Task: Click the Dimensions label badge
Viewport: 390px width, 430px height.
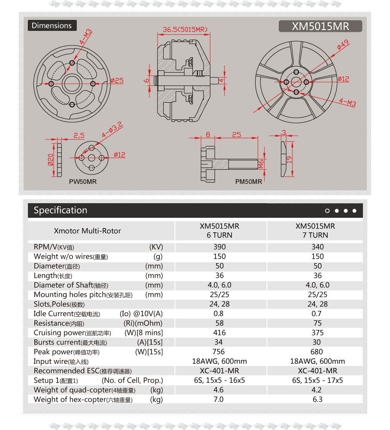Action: [52, 25]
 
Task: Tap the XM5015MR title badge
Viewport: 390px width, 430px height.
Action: [320, 26]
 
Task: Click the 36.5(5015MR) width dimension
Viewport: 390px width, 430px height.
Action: [185, 30]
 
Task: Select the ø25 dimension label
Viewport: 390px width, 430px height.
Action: [117, 80]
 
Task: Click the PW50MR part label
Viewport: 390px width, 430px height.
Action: [83, 182]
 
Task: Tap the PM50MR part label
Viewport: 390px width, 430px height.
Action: [248, 182]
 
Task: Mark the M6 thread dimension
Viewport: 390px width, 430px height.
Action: [261, 164]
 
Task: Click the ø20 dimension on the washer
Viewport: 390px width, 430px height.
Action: [50, 159]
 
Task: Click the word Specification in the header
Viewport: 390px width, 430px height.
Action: [60, 210]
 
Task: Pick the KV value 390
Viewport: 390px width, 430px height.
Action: [219, 247]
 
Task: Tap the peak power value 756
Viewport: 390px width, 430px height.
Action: [219, 352]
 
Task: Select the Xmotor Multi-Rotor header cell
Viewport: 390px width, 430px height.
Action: [88, 231]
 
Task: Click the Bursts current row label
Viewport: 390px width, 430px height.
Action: [70, 342]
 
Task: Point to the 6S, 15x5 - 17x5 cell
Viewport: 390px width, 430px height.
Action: [317, 380]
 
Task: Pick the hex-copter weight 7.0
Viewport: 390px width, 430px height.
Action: [219, 400]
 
